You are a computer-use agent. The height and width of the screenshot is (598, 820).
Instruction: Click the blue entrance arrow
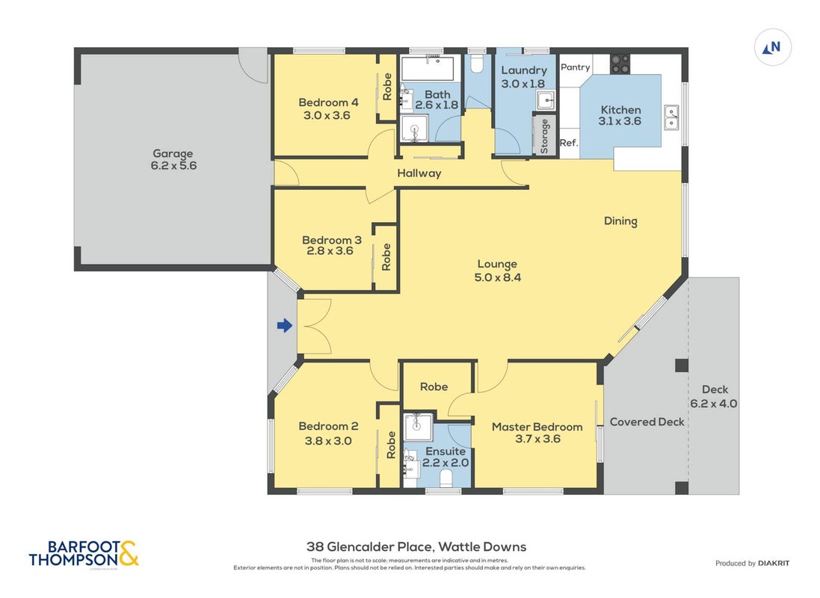(285, 326)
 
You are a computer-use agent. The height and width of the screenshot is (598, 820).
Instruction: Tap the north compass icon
(772, 47)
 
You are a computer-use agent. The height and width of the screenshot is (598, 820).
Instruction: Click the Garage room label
(173, 153)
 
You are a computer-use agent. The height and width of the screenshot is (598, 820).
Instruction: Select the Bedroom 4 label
(328, 102)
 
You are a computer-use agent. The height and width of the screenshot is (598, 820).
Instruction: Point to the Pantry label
(576, 67)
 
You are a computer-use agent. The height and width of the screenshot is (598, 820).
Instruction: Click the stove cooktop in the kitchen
(620, 64)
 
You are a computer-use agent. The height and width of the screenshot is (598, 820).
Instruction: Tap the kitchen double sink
(671, 117)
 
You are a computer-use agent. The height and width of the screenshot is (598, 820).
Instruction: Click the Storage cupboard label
(544, 136)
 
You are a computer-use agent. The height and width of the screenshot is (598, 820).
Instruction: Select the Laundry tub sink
(545, 99)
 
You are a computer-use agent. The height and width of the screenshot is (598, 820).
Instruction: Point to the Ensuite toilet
(446, 478)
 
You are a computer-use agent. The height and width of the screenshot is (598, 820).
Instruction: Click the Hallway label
(419, 173)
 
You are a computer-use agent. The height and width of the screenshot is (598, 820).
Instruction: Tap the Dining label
(620, 221)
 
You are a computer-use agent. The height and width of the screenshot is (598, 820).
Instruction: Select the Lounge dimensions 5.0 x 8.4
(497, 278)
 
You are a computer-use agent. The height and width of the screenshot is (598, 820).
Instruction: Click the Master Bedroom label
(537, 427)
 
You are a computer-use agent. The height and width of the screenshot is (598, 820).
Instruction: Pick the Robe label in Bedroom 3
(386, 256)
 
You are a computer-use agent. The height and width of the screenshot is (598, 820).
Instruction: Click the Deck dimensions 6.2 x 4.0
(713, 404)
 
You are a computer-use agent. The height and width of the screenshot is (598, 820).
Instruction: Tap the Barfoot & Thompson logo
(84, 554)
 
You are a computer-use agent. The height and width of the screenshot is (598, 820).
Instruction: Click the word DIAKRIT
(774, 564)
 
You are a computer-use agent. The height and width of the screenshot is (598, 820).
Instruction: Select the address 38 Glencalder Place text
(369, 547)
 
